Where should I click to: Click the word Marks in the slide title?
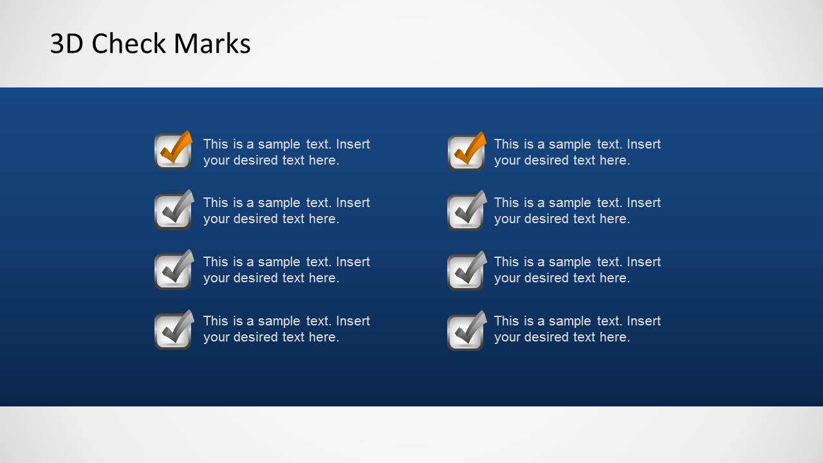(212, 44)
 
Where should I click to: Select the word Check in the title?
(129, 44)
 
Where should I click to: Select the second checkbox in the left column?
(173, 210)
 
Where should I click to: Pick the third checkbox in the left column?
(173, 269)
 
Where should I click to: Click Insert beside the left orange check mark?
(353, 144)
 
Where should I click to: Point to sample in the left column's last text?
(279, 321)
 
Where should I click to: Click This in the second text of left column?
(216, 203)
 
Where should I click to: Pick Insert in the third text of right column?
(643, 262)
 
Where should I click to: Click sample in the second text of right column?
(569, 203)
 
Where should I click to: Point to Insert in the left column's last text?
(353, 321)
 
